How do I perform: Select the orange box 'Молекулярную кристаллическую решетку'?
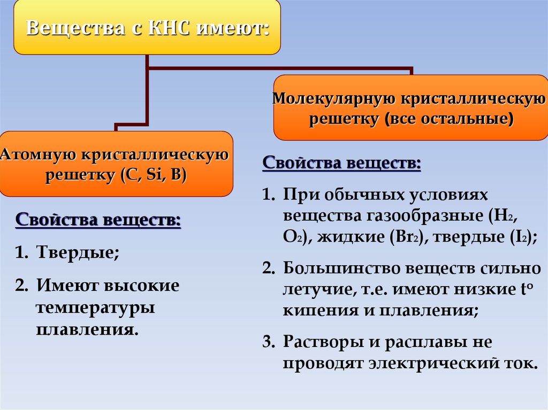(411, 108)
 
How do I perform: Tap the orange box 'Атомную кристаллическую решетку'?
(116, 164)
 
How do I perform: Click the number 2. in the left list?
(21, 285)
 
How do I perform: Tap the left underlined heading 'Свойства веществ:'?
(98, 220)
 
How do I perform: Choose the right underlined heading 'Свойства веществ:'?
(341, 163)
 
